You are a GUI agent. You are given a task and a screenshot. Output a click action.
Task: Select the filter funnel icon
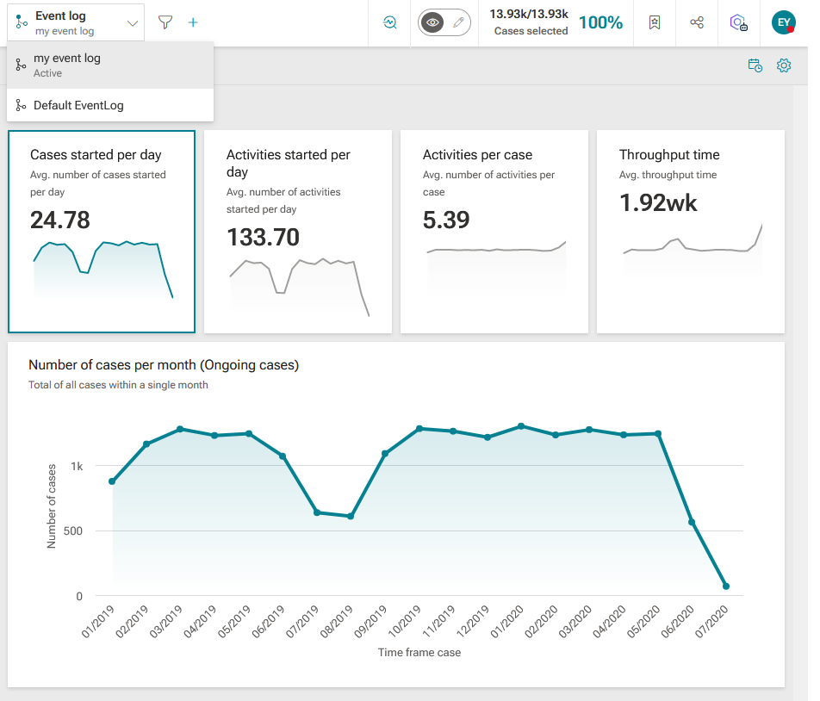pyautogui.click(x=165, y=22)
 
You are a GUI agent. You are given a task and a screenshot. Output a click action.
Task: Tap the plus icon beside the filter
pyautogui.click(x=193, y=22)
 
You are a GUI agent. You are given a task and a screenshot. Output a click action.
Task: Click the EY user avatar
pyautogui.click(x=784, y=22)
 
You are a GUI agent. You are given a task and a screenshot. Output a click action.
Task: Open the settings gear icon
pyautogui.click(x=784, y=65)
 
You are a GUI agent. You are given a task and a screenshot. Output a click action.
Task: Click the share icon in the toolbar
pyautogui.click(x=697, y=22)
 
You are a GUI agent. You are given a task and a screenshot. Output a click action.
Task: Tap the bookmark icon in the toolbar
pyautogui.click(x=655, y=22)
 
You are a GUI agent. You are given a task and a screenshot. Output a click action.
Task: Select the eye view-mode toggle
pyautogui.click(x=432, y=22)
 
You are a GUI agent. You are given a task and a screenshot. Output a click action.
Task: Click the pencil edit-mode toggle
pyautogui.click(x=458, y=22)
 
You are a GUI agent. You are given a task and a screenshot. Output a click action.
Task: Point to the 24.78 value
pyautogui.click(x=60, y=220)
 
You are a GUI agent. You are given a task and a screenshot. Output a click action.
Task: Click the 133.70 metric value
pyautogui.click(x=263, y=237)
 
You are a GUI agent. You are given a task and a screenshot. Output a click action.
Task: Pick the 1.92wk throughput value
pyautogui.click(x=658, y=202)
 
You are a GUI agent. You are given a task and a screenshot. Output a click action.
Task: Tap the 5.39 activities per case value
pyautogui.click(x=446, y=220)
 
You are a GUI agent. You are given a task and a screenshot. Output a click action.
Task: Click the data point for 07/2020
pyautogui.click(x=726, y=586)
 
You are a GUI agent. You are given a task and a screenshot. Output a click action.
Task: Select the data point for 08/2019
pyautogui.click(x=351, y=517)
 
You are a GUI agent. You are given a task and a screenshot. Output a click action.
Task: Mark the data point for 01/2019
pyautogui.click(x=112, y=481)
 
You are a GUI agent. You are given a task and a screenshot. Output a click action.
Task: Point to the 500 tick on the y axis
pyautogui.click(x=73, y=531)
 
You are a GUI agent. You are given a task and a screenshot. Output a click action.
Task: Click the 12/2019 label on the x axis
pyautogui.click(x=473, y=622)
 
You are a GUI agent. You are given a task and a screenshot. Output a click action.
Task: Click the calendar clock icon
pyautogui.click(x=755, y=65)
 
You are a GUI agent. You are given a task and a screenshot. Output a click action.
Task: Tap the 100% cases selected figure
pyautogui.click(x=601, y=22)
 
